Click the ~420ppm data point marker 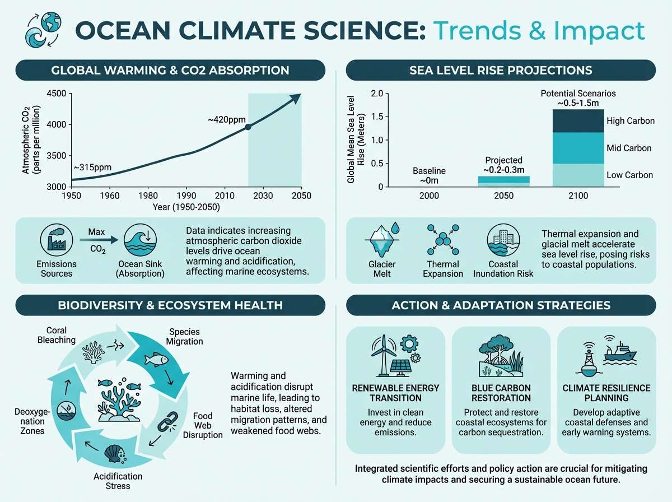point(248,127)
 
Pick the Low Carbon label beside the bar point(629,175)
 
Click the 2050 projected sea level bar point(503,181)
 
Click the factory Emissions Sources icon point(56,239)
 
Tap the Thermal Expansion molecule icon point(442,240)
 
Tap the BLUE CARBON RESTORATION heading point(501,393)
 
